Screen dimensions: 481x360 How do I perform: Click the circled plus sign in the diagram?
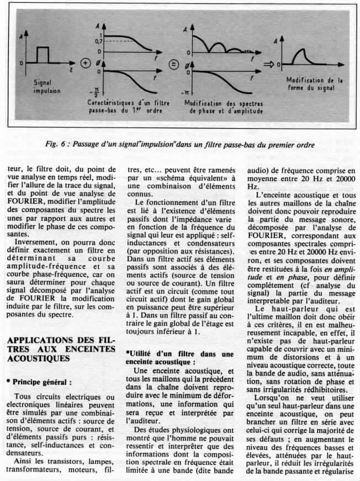tap(86, 63)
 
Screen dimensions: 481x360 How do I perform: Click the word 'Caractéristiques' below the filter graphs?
tap(114, 103)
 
